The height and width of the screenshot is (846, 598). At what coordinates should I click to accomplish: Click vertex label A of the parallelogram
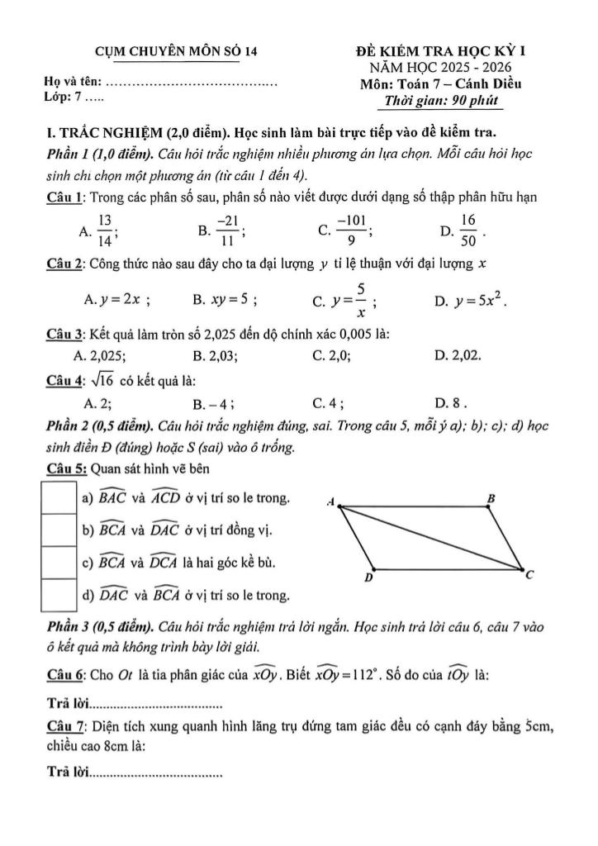coord(330,501)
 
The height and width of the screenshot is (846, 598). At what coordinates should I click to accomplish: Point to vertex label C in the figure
coord(529,575)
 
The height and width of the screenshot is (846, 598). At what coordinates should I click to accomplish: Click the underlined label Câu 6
coord(64,674)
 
